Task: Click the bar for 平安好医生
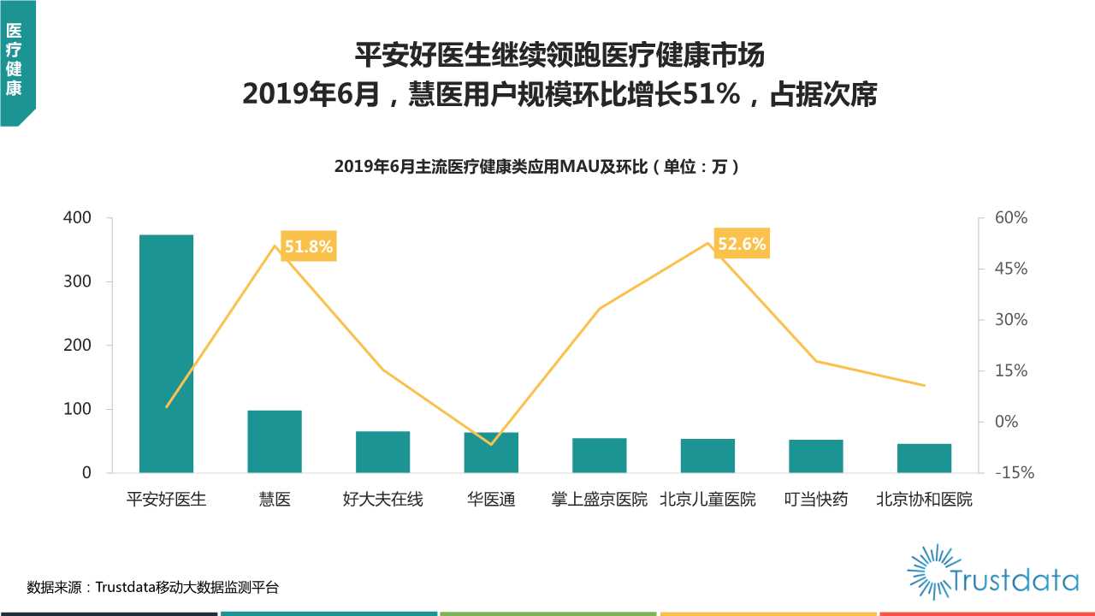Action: (166, 353)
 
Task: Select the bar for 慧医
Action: (275, 441)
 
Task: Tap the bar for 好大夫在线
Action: (382, 452)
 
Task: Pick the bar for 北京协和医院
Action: (924, 458)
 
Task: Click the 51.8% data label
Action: (308, 247)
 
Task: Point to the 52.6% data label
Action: (742, 244)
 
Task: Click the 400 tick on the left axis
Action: (77, 218)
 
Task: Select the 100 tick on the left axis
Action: (77, 409)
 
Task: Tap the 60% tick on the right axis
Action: (1010, 218)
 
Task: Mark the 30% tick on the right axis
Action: (1010, 320)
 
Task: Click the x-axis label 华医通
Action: (491, 499)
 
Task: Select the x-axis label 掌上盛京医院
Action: (599, 499)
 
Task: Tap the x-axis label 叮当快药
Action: (815, 499)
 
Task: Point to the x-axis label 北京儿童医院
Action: (707, 499)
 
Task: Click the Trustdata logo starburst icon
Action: (930, 572)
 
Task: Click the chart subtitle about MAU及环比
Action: (536, 167)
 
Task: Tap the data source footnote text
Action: (153, 587)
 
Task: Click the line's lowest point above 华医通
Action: (491, 444)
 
